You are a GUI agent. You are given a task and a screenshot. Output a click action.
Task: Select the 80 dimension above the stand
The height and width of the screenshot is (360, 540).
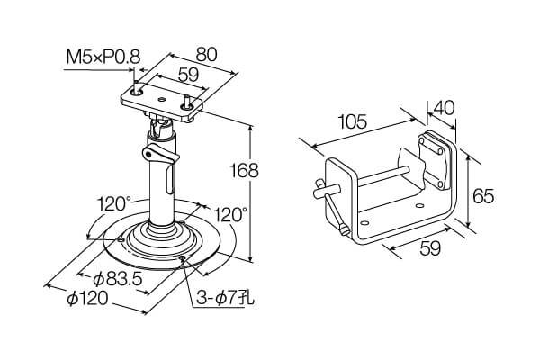tap(206, 54)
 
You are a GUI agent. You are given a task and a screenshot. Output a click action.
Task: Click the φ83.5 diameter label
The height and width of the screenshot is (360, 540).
tap(112, 278)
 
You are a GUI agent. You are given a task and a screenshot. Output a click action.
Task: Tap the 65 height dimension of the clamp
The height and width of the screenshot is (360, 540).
tap(483, 195)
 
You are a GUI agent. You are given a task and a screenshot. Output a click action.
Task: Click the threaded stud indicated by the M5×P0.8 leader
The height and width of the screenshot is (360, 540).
tap(137, 90)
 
